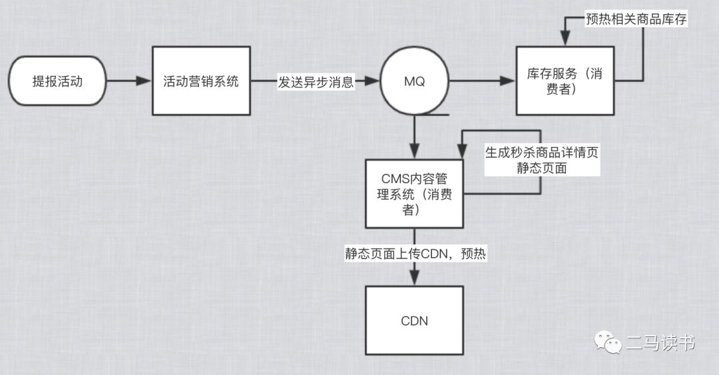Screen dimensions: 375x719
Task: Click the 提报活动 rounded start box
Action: pyautogui.click(x=59, y=82)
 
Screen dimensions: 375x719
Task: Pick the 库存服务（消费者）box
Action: pyautogui.click(x=565, y=81)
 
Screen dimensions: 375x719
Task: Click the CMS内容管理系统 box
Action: pyautogui.click(x=414, y=193)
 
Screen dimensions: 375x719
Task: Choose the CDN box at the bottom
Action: pyautogui.click(x=414, y=320)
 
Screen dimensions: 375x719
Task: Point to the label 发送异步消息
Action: pyautogui.click(x=316, y=82)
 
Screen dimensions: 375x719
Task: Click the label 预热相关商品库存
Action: pyautogui.click(x=636, y=19)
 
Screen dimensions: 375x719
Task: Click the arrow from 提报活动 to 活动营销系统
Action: pyautogui.click(x=129, y=82)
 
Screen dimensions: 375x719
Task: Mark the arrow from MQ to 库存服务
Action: pyautogui.click(x=483, y=82)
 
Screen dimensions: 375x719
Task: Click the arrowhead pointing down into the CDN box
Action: pyautogui.click(x=414, y=279)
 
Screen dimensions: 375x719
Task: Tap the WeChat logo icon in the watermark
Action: pyautogui.click(x=607, y=343)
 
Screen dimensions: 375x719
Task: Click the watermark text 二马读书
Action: pyautogui.click(x=660, y=343)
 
